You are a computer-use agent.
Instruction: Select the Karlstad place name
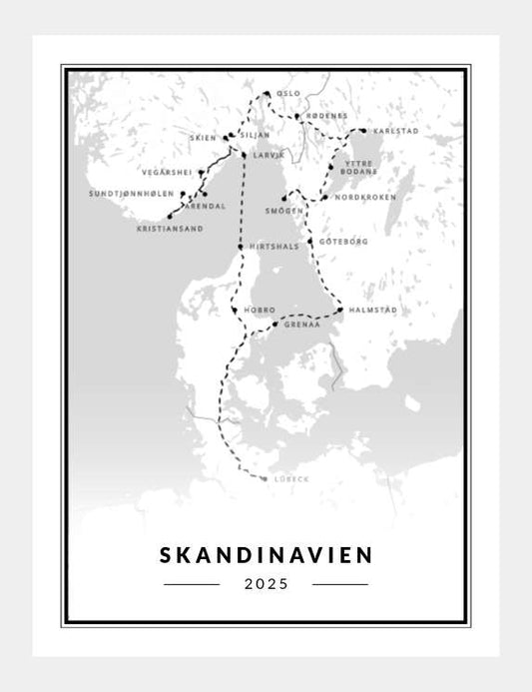coord(394,131)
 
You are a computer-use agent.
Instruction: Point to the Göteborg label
coord(344,241)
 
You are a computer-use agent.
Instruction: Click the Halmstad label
coord(373,311)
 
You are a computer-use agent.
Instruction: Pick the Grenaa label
coord(301,325)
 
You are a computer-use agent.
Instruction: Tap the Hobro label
coord(260,311)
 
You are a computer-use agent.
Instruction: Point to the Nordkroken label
coord(365,198)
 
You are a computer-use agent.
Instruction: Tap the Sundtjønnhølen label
coord(131,193)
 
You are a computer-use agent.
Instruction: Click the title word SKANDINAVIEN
coord(265,552)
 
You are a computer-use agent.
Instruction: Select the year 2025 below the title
coord(265,584)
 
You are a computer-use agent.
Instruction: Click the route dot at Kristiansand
coord(171,216)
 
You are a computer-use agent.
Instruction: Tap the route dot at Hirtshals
coord(240,247)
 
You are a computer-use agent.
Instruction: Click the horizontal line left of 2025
coord(192,584)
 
